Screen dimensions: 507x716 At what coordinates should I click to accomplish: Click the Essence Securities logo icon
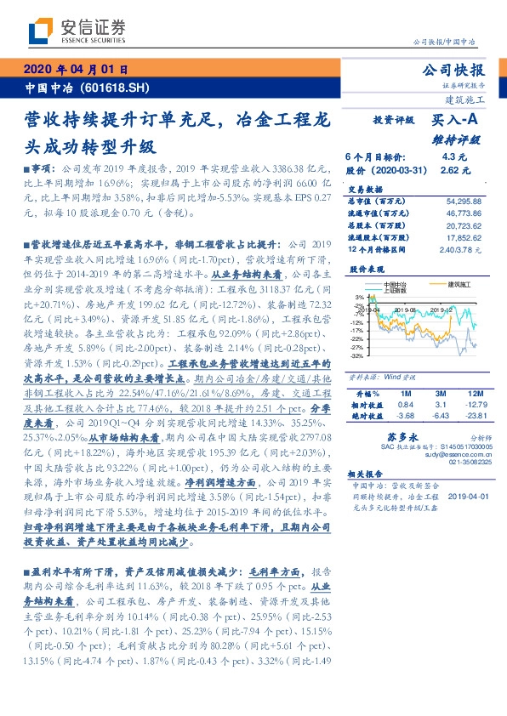[39, 32]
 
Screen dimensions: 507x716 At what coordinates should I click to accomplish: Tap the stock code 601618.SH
[117, 88]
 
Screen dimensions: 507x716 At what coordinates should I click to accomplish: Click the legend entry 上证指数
[394, 289]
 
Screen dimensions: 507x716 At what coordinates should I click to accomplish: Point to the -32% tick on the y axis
[357, 356]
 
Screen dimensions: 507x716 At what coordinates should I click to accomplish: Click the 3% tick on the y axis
[360, 297]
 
